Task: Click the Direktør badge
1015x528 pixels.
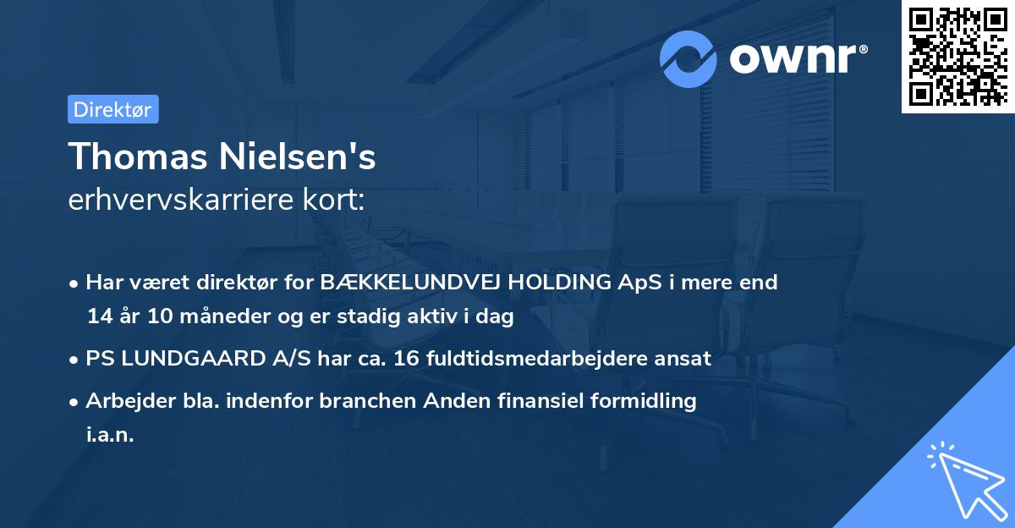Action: pos(112,109)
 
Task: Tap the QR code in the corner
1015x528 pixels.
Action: pos(958,56)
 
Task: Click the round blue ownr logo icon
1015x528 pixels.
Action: pos(689,58)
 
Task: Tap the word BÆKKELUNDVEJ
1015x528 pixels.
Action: pos(409,283)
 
